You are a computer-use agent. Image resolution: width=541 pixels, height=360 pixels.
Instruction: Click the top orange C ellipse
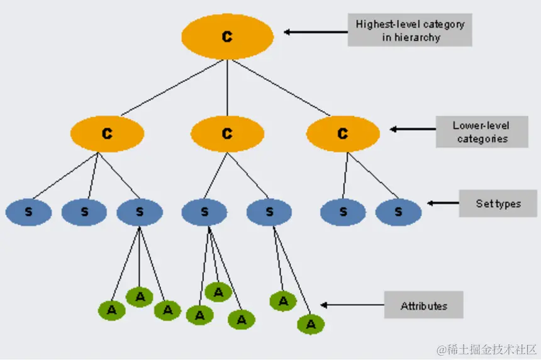pyautogui.click(x=227, y=37)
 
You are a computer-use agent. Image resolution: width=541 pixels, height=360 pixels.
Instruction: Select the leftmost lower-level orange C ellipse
pyautogui.click(x=108, y=133)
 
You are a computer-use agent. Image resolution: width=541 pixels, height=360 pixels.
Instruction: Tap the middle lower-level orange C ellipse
pyautogui.click(x=227, y=133)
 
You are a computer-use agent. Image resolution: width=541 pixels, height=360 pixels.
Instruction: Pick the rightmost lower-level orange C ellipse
pyautogui.click(x=343, y=133)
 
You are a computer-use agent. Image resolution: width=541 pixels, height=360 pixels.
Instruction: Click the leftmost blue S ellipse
pyautogui.click(x=28, y=212)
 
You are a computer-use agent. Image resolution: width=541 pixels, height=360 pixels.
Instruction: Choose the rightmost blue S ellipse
pyautogui.click(x=398, y=212)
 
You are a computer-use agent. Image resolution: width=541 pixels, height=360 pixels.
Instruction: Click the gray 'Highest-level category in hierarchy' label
pyautogui.click(x=410, y=30)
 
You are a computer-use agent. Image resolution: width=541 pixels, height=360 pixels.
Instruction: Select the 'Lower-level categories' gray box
pyautogui.click(x=482, y=132)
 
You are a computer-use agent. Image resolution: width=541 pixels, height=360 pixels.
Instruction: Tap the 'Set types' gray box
pyautogui.click(x=498, y=203)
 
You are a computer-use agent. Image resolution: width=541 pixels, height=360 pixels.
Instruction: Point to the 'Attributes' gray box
pyautogui.click(x=423, y=306)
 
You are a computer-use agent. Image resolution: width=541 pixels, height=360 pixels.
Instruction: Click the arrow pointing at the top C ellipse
pyautogui.click(x=315, y=31)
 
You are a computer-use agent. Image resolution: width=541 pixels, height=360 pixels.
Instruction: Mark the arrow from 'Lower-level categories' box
pyautogui.click(x=413, y=130)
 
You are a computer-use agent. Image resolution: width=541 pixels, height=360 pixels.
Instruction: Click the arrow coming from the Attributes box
pyautogui.click(x=352, y=305)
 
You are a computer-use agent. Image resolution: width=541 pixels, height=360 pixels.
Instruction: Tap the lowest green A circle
pyautogui.click(x=310, y=324)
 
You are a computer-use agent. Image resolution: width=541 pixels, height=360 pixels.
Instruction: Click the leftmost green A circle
pyautogui.click(x=112, y=310)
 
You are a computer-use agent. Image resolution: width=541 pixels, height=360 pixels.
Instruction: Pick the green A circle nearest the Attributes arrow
pyautogui.click(x=310, y=324)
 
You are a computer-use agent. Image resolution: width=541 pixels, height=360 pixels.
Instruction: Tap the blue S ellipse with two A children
pyautogui.click(x=269, y=212)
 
